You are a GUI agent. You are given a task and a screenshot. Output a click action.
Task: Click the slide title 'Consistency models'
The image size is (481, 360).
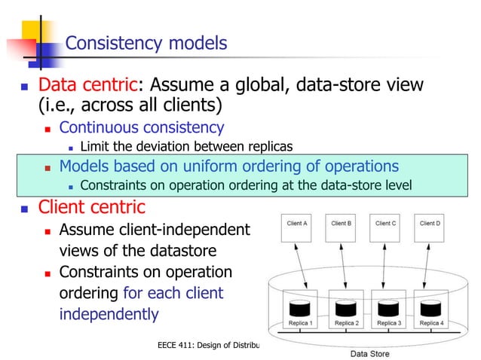click(x=146, y=44)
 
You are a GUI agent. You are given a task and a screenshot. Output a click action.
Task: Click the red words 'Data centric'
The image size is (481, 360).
click(x=85, y=84)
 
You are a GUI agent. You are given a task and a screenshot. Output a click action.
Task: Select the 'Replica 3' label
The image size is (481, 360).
click(x=388, y=323)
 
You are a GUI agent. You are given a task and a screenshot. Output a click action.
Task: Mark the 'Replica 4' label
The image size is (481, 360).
click(x=430, y=323)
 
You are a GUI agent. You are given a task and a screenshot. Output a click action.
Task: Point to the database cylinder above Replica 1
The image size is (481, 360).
click(x=299, y=308)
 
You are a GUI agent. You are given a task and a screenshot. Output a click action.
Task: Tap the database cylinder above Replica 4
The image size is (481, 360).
click(x=430, y=308)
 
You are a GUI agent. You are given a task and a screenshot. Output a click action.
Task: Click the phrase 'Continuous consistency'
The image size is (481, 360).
click(x=141, y=127)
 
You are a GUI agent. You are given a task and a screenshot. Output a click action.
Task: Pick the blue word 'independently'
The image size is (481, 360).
click(x=109, y=313)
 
